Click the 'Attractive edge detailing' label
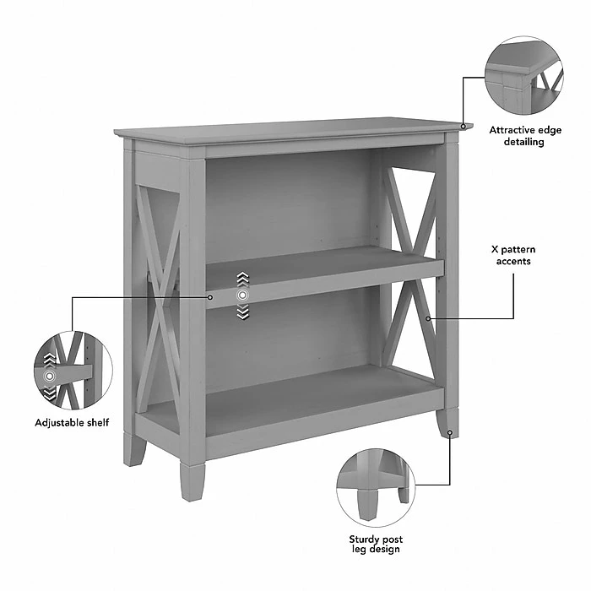click(x=525, y=136)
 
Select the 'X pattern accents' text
click(x=513, y=255)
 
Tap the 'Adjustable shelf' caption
click(x=72, y=422)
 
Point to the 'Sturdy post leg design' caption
click(x=376, y=545)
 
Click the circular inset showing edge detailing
click(x=524, y=76)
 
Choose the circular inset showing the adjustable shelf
click(x=73, y=371)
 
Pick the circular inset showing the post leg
click(x=376, y=488)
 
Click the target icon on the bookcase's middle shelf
click(x=243, y=295)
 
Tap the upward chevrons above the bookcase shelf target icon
click(x=243, y=279)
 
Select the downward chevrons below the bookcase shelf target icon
click(x=243, y=312)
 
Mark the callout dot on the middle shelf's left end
click(x=210, y=297)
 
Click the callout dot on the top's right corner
click(x=464, y=127)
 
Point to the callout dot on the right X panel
click(x=428, y=319)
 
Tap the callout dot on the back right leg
click(x=450, y=432)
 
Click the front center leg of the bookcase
click(x=192, y=481)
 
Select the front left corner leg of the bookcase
click(x=133, y=449)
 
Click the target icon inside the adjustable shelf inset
click(x=49, y=376)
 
